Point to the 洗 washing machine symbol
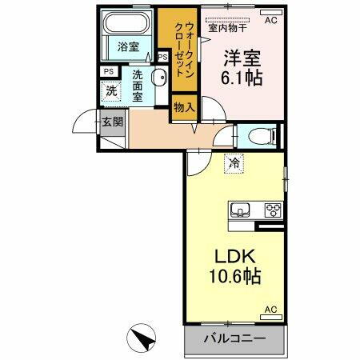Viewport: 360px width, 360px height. pyautogui.click(x=112, y=91)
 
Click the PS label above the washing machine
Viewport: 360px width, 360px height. pyautogui.click(x=108, y=72)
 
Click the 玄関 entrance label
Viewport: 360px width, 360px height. pyautogui.click(x=112, y=122)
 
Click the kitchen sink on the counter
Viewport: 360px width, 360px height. pyautogui.click(x=239, y=211)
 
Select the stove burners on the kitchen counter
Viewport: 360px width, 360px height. pyautogui.click(x=272, y=211)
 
